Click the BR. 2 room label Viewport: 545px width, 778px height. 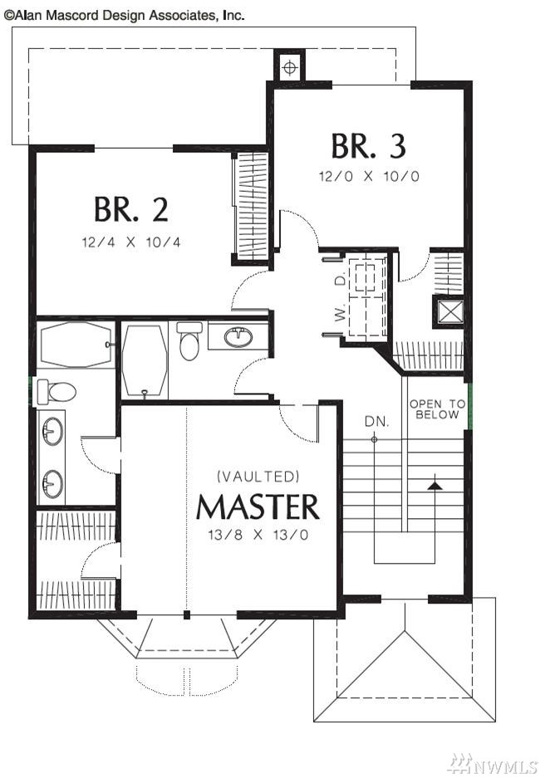(131, 209)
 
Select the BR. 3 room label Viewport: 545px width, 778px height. (368, 146)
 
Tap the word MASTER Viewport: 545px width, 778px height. (258, 506)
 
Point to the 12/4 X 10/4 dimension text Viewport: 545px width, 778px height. (131, 242)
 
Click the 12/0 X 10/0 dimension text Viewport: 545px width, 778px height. (369, 176)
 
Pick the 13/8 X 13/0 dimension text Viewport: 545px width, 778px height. (258, 535)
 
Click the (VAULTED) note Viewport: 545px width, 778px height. (258, 477)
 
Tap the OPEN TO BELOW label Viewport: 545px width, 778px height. (437, 409)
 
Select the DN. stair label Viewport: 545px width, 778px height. (376, 422)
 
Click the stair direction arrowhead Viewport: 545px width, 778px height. (435, 485)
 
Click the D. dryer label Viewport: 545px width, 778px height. (340, 281)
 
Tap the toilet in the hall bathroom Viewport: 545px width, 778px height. (189, 340)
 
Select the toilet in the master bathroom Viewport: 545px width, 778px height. (56, 391)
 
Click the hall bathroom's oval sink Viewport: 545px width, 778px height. (238, 337)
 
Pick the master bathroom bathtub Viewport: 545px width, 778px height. (76, 345)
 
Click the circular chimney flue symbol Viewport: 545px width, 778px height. (290, 67)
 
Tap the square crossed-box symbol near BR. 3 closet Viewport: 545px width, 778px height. (449, 311)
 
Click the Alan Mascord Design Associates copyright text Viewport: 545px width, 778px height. (124, 16)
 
